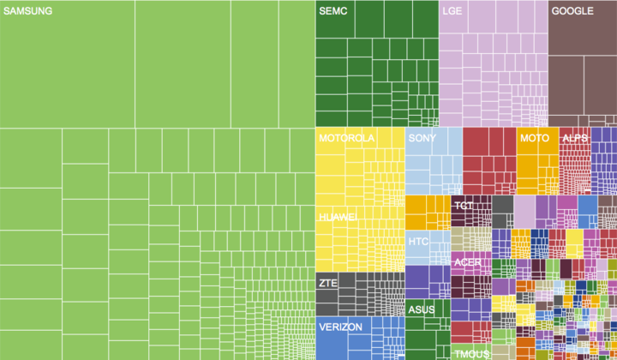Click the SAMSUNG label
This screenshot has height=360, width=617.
[27, 12]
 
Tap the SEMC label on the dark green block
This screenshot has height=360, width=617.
[332, 12]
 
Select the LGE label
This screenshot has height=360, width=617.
[452, 12]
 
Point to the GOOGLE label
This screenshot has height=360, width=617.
[572, 12]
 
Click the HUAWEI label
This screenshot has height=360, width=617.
[338, 218]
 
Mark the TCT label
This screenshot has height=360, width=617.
[464, 207]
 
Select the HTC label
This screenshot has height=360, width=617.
[418, 242]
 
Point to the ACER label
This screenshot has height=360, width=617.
[468, 262]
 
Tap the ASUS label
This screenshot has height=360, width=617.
[421, 309]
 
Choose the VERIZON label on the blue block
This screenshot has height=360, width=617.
[341, 327]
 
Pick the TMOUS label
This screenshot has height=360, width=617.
[471, 354]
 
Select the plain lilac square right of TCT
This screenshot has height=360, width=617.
[524, 212]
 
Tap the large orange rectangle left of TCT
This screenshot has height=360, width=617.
[427, 212]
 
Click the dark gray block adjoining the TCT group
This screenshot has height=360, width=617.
[502, 212]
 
